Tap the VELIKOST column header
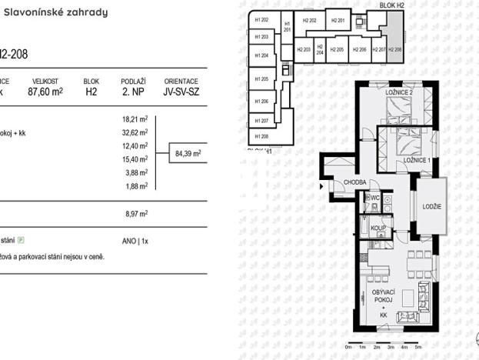(x=45, y=80)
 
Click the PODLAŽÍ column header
(x=134, y=80)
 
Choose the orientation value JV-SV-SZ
(x=181, y=90)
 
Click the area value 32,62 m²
(x=135, y=132)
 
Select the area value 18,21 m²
(x=135, y=119)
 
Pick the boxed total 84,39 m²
(x=188, y=153)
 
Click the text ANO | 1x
(x=134, y=241)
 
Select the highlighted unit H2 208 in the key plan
(x=394, y=48)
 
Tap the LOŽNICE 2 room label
(x=399, y=93)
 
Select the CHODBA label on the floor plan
(x=354, y=183)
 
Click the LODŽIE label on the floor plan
(x=432, y=205)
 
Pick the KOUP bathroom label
(x=377, y=228)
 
